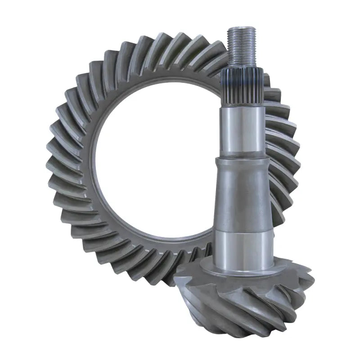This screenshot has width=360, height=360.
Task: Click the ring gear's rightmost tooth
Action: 292,148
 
